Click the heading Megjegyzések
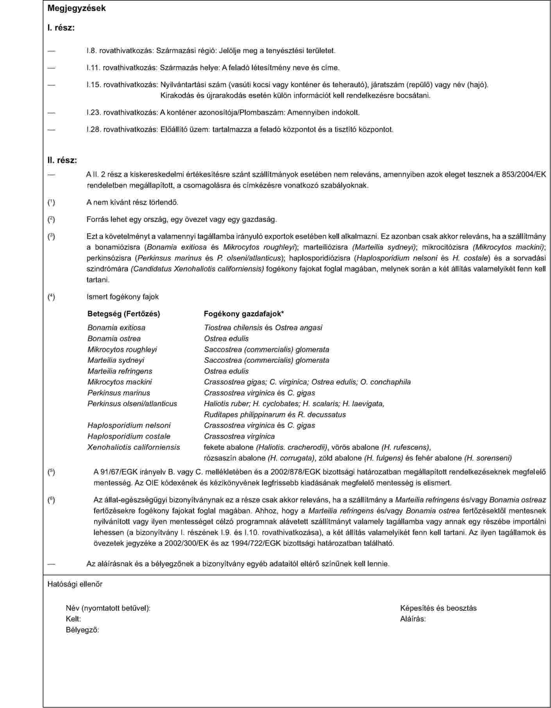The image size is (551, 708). pos(77,8)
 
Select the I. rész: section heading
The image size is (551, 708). pos(61,28)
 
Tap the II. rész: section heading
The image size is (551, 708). pos(62,160)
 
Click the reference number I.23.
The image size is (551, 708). pos(93,113)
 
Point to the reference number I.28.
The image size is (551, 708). pos(93,129)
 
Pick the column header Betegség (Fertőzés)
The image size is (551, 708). pos(123,314)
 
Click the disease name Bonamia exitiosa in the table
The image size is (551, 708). pos(116,328)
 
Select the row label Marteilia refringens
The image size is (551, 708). pos(120,371)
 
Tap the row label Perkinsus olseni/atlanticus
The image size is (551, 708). pos(132,403)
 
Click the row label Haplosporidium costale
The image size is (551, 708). pos(129,436)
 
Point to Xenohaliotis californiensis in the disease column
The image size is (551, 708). pos(134,447)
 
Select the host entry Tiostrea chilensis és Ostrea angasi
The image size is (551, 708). pos(263,328)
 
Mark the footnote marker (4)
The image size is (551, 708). pos(51,297)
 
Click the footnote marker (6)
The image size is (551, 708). pos(51,500)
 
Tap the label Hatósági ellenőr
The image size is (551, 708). pos(75,584)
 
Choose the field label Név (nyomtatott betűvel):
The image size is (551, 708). pos(108,608)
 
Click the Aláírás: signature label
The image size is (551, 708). pos(413,619)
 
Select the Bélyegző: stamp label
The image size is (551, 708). pos(82,630)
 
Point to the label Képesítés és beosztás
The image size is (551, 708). pos(438,608)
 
